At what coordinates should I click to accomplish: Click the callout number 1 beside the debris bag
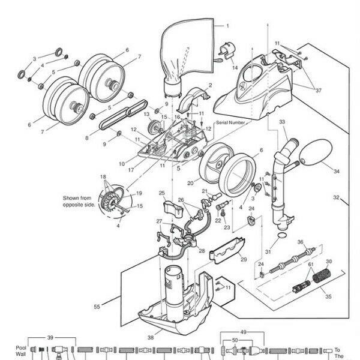(x=227, y=26)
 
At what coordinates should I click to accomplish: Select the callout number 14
(x=235, y=68)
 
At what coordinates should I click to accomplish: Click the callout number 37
(x=318, y=91)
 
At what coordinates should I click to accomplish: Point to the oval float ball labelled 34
(x=316, y=152)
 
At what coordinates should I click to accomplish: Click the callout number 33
(x=282, y=122)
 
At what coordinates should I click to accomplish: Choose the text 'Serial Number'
(x=230, y=122)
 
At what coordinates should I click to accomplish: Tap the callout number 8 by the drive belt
(x=87, y=138)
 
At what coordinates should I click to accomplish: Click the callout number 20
(x=190, y=183)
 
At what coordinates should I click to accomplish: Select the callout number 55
(x=97, y=307)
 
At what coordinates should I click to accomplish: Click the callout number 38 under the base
(x=151, y=337)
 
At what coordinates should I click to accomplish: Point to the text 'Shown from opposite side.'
(x=79, y=202)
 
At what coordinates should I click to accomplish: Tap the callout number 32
(x=336, y=197)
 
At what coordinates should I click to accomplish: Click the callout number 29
(x=244, y=259)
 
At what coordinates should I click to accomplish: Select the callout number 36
(x=301, y=242)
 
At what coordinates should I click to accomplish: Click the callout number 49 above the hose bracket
(x=244, y=332)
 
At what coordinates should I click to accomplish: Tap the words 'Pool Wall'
(x=20, y=351)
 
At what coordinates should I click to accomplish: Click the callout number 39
(x=50, y=337)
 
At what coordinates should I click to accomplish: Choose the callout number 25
(x=162, y=193)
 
